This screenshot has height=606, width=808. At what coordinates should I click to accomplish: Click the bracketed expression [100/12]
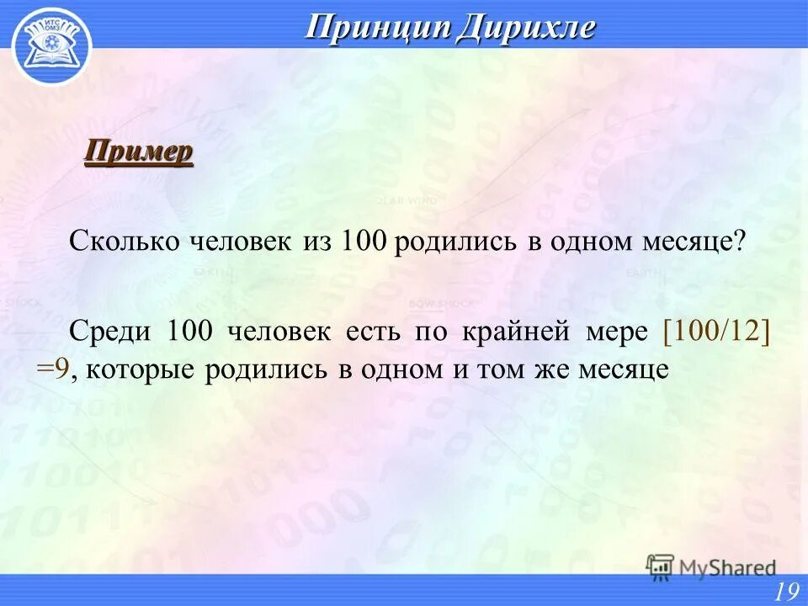point(716,329)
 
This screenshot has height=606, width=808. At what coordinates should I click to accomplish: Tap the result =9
point(52,369)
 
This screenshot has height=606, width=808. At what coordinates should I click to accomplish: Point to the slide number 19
point(787,591)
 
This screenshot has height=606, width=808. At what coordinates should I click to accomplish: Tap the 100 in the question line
point(364,242)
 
